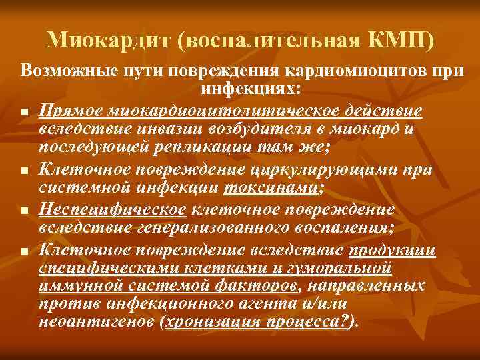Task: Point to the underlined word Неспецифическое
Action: click(x=112, y=210)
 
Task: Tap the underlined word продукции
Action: click(x=392, y=250)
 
